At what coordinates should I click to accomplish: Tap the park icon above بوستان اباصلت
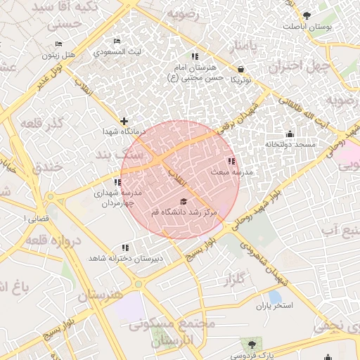click(x=306, y=15)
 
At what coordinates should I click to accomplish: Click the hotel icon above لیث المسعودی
click(x=117, y=41)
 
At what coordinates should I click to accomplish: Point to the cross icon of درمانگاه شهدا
click(x=124, y=121)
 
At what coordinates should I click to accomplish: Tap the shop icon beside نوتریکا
click(x=242, y=70)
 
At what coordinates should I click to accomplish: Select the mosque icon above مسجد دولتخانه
click(x=289, y=134)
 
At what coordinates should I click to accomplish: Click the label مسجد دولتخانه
click(x=289, y=144)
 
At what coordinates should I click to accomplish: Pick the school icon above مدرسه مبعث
click(x=232, y=162)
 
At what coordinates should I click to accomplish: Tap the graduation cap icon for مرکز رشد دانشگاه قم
click(x=184, y=202)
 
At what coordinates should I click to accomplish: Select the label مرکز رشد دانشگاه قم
click(x=184, y=212)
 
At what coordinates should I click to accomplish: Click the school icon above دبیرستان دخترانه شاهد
click(x=125, y=247)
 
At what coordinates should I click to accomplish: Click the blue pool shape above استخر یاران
click(x=275, y=296)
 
